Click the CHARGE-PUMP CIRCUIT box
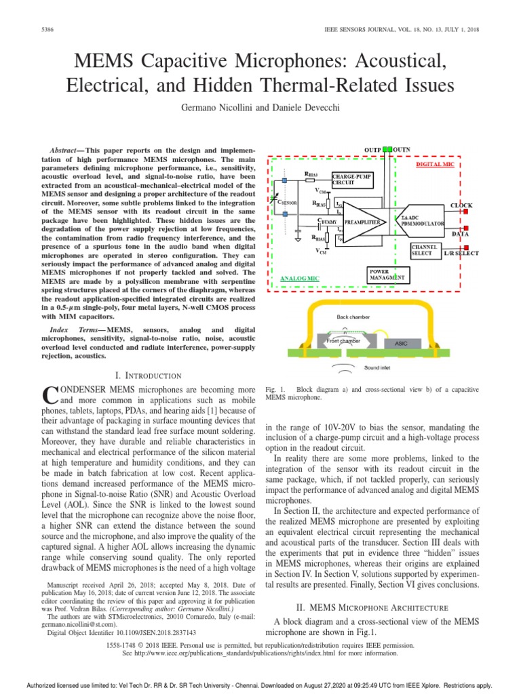353,180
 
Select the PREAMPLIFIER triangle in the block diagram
363,221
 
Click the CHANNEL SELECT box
425,250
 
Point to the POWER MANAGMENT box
388,274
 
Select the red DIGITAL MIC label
437,164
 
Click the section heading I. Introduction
149,375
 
